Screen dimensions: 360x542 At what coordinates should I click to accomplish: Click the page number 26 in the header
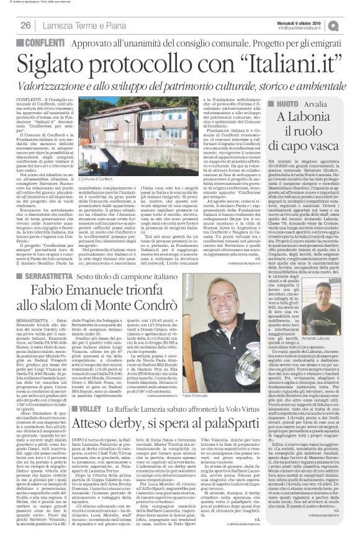(26, 25)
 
